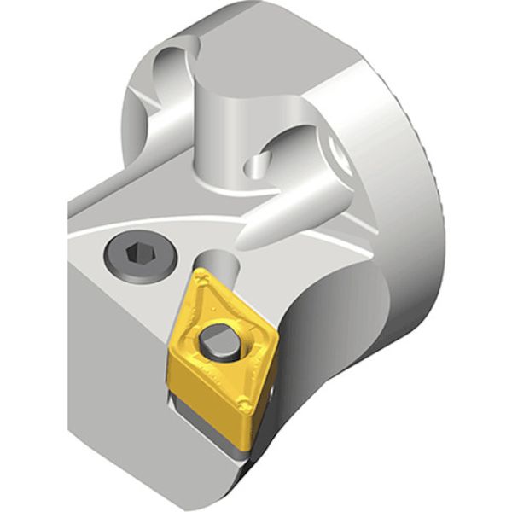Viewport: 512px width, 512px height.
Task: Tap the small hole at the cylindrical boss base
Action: click(255, 162)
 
